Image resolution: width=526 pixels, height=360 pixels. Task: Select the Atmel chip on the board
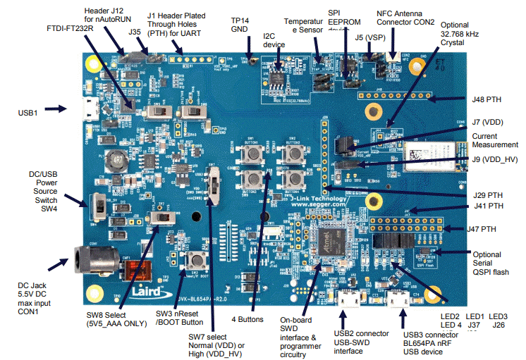tap(331, 243)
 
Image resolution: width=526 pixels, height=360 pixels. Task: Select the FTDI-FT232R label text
tap(69, 28)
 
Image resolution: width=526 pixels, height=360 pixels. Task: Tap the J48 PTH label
tap(486, 99)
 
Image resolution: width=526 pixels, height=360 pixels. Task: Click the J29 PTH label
tap(487, 195)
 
